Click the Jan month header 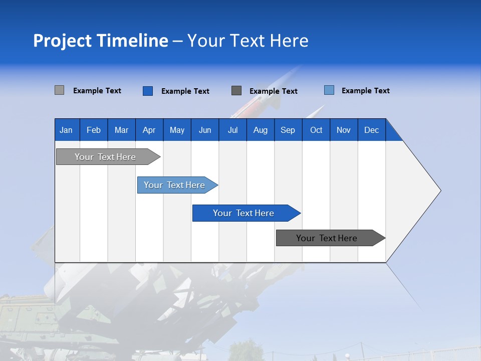(67, 130)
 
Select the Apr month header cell (149, 130)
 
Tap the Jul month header (233, 130)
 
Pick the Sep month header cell (288, 130)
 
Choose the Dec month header (372, 130)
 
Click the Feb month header (94, 130)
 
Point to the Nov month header (344, 130)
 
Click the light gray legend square (60, 90)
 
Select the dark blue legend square (148, 91)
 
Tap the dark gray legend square (236, 90)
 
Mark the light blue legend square (329, 90)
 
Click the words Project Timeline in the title (100, 41)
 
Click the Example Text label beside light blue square (365, 91)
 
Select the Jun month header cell (205, 130)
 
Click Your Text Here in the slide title (248, 41)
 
